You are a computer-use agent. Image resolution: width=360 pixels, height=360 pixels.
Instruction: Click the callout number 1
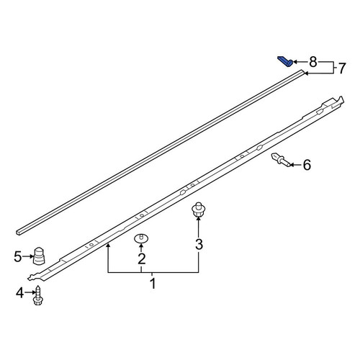click(153, 284)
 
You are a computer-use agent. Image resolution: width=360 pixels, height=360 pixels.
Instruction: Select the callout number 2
click(142, 258)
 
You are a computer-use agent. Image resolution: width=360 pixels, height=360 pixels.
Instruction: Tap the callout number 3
click(199, 245)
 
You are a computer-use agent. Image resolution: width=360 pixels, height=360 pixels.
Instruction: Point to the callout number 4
click(20, 293)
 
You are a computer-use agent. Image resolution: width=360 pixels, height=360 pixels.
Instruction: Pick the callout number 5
click(18, 257)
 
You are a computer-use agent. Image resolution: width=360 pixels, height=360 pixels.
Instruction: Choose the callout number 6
click(307, 165)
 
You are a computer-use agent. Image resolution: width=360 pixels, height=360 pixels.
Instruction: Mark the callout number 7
click(342, 68)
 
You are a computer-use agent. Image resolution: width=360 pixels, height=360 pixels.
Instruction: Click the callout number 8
click(313, 62)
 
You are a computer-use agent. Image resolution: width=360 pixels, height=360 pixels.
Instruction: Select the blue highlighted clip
click(285, 61)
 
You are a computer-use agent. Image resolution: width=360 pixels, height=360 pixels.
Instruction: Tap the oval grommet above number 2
click(141, 238)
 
